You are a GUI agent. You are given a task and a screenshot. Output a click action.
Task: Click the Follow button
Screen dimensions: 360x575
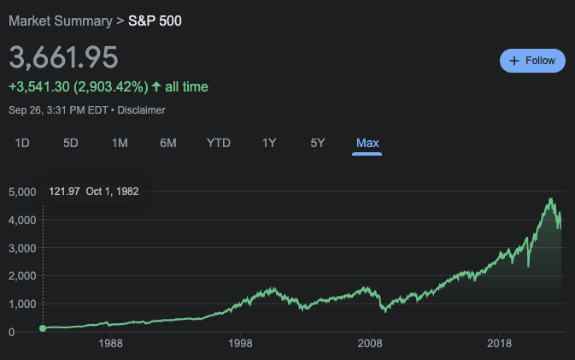click(x=532, y=61)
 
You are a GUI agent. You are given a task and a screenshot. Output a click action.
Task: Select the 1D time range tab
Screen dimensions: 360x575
click(x=22, y=143)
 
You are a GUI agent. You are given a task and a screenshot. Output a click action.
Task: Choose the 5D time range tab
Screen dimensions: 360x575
click(x=71, y=143)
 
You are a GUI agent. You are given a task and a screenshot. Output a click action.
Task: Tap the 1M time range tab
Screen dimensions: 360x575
click(x=120, y=143)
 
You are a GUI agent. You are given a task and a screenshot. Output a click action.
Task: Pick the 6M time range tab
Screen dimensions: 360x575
click(x=168, y=143)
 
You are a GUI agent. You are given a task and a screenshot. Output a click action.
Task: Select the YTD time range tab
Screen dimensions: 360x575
click(x=219, y=143)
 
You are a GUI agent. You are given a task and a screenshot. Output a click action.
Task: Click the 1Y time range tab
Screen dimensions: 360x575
click(x=269, y=143)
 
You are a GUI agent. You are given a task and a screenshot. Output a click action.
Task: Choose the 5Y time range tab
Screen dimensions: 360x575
click(x=318, y=143)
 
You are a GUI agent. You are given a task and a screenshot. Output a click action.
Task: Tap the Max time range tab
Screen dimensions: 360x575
click(x=367, y=143)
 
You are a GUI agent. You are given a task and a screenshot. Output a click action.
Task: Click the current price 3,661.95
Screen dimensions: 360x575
click(x=63, y=57)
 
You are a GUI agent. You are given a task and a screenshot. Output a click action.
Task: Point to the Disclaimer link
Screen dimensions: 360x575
click(x=141, y=110)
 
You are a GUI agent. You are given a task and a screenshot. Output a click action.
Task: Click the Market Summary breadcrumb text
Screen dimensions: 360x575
click(x=60, y=20)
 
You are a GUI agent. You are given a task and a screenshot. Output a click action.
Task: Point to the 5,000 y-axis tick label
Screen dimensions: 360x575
click(x=22, y=192)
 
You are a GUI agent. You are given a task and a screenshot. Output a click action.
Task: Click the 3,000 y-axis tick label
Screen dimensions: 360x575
click(x=22, y=248)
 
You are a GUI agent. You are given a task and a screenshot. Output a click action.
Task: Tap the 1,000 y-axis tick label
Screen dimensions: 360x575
click(x=22, y=304)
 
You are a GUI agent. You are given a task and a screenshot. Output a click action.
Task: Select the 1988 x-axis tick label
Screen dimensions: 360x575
click(x=110, y=343)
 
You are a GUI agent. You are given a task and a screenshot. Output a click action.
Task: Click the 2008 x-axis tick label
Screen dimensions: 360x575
click(x=370, y=343)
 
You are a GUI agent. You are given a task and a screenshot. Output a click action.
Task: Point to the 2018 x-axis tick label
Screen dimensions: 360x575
click(x=500, y=343)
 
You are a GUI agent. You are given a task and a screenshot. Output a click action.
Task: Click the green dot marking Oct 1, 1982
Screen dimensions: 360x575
click(x=43, y=328)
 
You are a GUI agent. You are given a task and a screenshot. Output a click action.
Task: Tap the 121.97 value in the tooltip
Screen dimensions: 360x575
click(x=65, y=192)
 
